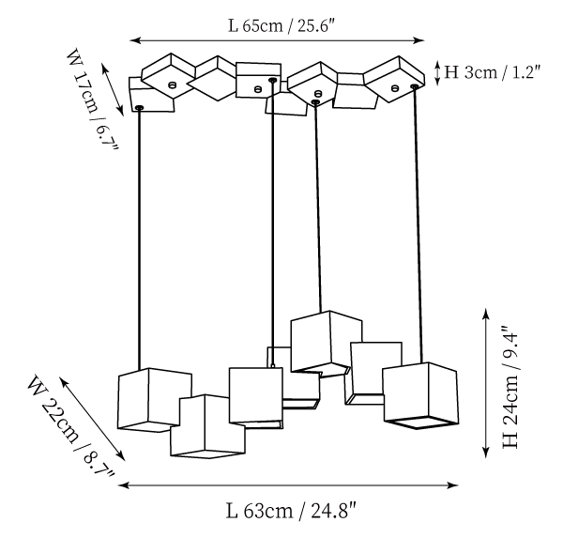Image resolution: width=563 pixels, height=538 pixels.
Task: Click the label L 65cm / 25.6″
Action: coord(281,24)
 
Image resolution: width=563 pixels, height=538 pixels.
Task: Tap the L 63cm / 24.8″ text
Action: coord(290,512)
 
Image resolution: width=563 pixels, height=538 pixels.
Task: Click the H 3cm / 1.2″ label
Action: coord(492,69)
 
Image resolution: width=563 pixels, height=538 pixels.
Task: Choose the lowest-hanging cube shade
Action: coord(206,427)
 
